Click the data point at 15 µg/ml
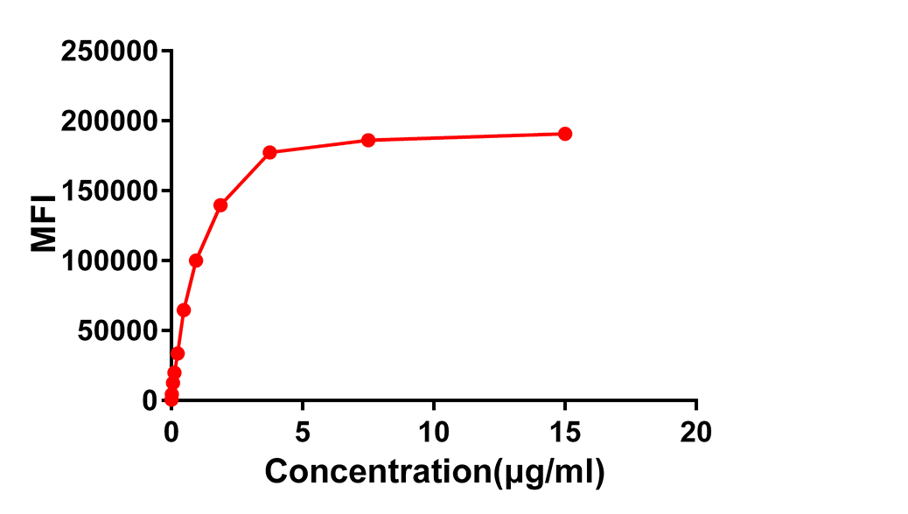coord(565,134)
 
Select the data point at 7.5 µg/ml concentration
coord(368,140)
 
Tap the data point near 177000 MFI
coord(269,152)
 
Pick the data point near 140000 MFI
coord(220,205)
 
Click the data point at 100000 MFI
coord(196,260)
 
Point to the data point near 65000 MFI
coord(184,310)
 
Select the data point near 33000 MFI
coord(178,353)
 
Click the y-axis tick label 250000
coord(110,51)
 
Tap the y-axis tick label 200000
coord(110,121)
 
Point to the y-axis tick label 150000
coord(110,191)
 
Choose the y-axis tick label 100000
coord(110,260)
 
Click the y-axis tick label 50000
coord(116,330)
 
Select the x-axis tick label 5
coord(303,431)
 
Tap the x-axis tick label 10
coord(434,431)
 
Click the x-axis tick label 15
coord(565,431)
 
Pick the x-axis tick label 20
coord(696,431)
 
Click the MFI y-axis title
coord(44,226)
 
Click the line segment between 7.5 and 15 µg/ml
coord(466,137)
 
